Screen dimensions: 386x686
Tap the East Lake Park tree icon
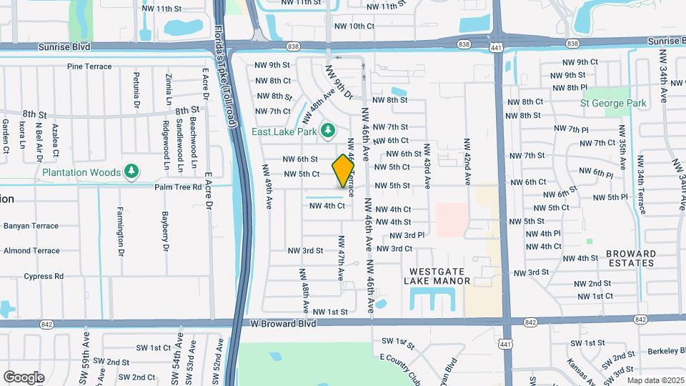(328, 130)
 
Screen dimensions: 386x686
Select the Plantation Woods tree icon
(131, 172)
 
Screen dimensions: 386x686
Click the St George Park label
(613, 103)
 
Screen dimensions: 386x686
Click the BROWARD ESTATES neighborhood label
(631, 258)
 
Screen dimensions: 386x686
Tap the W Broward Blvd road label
(283, 324)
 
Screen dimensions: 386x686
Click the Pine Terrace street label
(89, 66)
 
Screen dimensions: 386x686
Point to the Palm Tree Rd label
(179, 187)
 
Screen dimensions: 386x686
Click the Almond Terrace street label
(31, 251)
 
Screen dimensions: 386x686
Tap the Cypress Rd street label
(44, 276)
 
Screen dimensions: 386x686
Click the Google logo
(24, 377)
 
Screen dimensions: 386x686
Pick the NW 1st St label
(329, 312)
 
